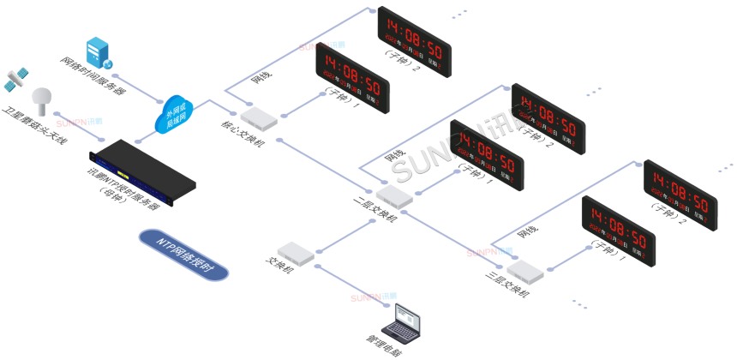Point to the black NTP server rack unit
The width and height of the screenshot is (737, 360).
142,172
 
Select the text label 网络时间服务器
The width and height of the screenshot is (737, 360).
88,79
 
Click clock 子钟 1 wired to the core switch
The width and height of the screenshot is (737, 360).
351,78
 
